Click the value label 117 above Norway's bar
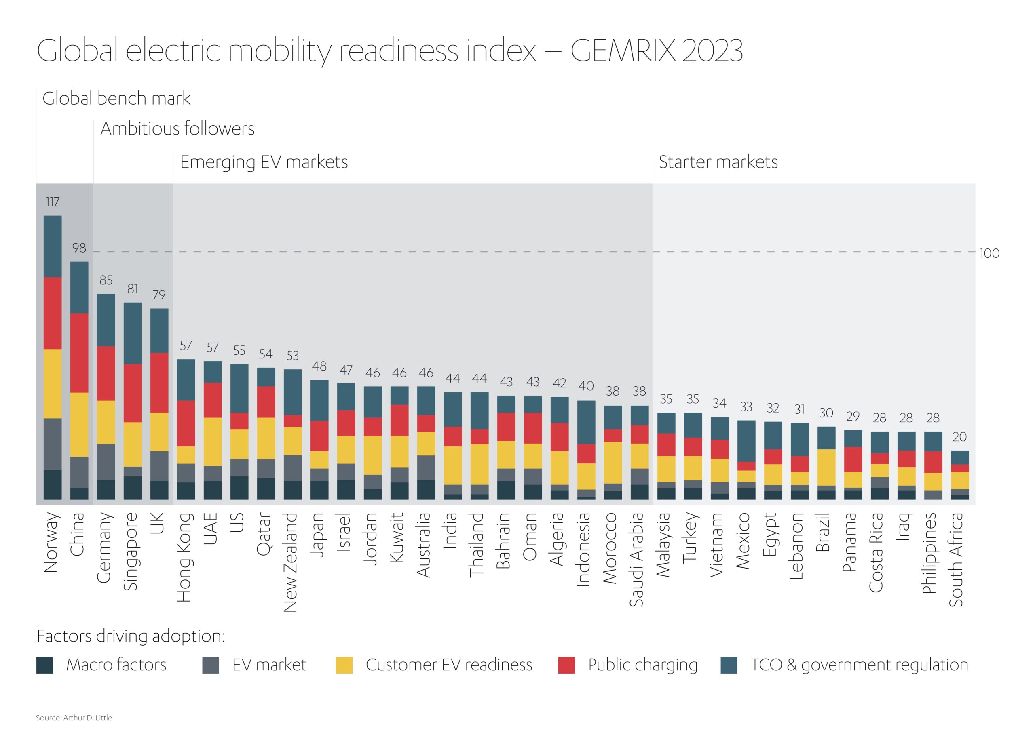pos(52,202)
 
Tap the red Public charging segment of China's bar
pos(79,352)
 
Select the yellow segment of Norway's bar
pos(52,383)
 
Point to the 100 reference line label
pos(989,253)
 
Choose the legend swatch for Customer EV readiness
pos(344,665)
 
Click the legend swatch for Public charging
pos(566,665)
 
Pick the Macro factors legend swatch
pos(44,665)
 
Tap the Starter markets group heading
pos(718,162)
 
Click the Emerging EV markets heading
pos(264,162)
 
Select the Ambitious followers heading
pos(177,128)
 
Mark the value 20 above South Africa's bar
pos(959,437)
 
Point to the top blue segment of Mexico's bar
pos(746,441)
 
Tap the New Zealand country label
pos(291,562)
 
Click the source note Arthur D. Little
pos(74,718)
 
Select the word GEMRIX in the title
pos(623,51)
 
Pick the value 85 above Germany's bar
pos(106,280)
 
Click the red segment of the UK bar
pos(159,383)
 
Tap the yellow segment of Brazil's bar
pos(826,467)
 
